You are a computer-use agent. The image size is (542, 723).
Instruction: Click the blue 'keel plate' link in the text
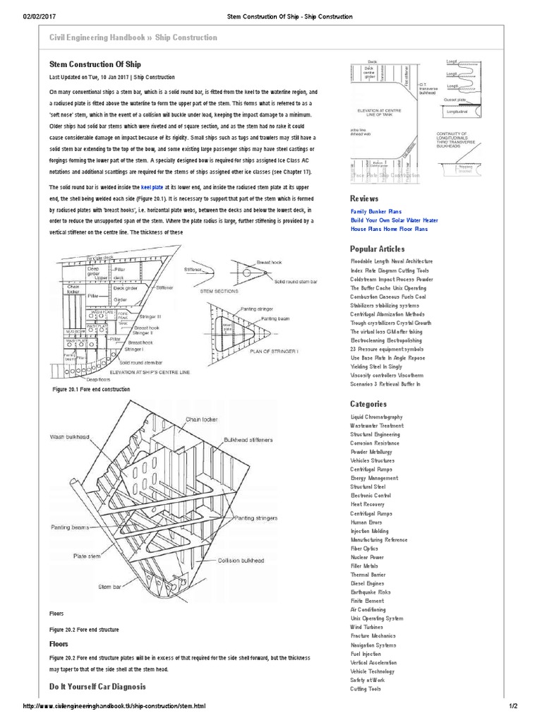(x=152, y=187)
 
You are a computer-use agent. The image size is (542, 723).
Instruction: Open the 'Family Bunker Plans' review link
(x=376, y=211)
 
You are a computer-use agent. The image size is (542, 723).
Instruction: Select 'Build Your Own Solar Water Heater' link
(x=394, y=220)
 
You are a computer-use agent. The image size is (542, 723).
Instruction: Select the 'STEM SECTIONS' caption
(x=219, y=290)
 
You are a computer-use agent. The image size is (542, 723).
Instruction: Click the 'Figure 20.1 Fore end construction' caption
(x=91, y=389)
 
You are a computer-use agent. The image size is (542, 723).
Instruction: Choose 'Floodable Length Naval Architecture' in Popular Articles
(x=392, y=261)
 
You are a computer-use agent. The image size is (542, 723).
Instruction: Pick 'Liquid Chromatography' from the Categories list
(x=377, y=417)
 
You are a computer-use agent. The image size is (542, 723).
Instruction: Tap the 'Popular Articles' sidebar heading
(x=377, y=249)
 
